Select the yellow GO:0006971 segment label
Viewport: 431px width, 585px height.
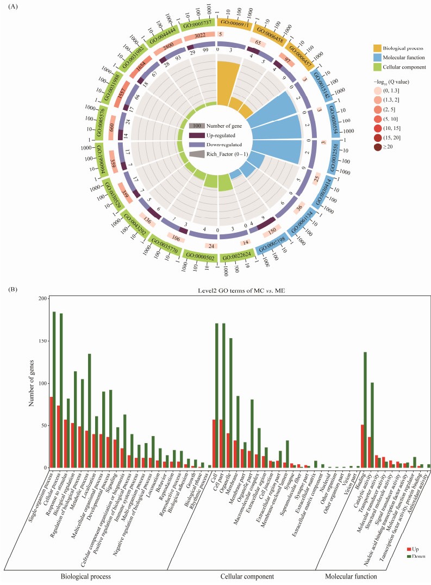click(234, 24)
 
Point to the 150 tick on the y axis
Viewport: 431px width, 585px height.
click(41, 341)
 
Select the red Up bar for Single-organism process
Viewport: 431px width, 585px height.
click(51, 432)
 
